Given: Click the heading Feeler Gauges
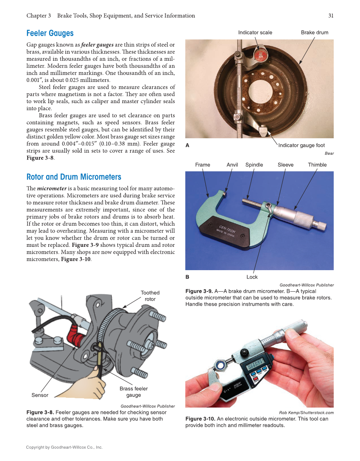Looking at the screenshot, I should (50, 33).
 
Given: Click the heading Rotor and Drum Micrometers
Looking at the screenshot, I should (74, 177).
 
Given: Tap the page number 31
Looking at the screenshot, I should (331, 16).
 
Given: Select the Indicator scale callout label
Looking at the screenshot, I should (255, 32).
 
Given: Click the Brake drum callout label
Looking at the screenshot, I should (314, 32).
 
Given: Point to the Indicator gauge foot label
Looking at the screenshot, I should (301, 145).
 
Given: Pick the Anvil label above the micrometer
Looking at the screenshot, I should (232, 165).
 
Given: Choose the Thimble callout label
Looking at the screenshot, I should (317, 165).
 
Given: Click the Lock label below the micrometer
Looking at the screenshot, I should (252, 277).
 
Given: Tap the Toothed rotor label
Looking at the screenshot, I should (150, 296).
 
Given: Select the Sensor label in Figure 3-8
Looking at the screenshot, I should (40, 395).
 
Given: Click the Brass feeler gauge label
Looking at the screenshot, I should (134, 391).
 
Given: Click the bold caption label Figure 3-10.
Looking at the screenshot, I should (200, 419).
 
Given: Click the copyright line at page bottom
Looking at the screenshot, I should (64, 447).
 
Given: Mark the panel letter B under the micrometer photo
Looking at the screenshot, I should (187, 277).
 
